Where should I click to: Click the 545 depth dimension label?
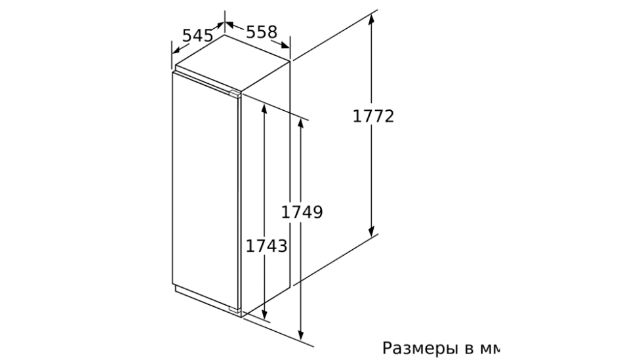pyautogui.click(x=197, y=35)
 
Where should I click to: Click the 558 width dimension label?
pyautogui.click(x=262, y=31)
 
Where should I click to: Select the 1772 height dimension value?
pyautogui.click(x=373, y=116)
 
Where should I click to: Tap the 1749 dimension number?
pyautogui.click(x=302, y=212)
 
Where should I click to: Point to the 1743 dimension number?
pyautogui.click(x=266, y=246)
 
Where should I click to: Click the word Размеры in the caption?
pyautogui.click(x=421, y=348)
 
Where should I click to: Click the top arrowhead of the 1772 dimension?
pyautogui.click(x=371, y=20)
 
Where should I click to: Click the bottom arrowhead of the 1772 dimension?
pyautogui.click(x=371, y=230)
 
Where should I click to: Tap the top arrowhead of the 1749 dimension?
pyautogui.click(x=301, y=125)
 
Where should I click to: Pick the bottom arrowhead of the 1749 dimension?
pyautogui.click(x=301, y=334)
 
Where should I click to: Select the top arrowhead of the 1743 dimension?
pyautogui.click(x=264, y=110)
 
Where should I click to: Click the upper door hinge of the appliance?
pyautogui.click(x=235, y=94)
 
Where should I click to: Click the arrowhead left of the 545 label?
pyautogui.click(x=177, y=50)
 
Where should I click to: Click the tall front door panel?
pyautogui.click(x=205, y=189)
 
